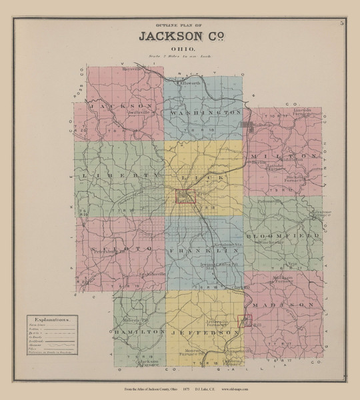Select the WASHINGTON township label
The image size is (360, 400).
point(205,113)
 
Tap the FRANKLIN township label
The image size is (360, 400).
point(204,251)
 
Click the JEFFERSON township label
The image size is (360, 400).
point(203,331)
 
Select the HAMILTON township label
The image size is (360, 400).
point(139,331)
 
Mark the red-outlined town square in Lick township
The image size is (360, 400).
point(185,196)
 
